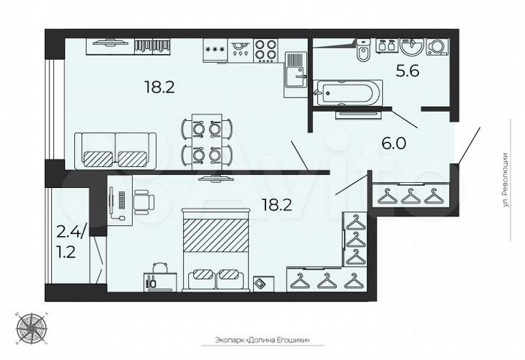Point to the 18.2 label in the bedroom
tap(276, 205)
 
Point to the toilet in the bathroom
tap(362, 52)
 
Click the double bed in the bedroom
tap(213, 249)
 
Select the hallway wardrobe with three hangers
tap(413, 195)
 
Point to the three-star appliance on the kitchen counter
tap(214, 50)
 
